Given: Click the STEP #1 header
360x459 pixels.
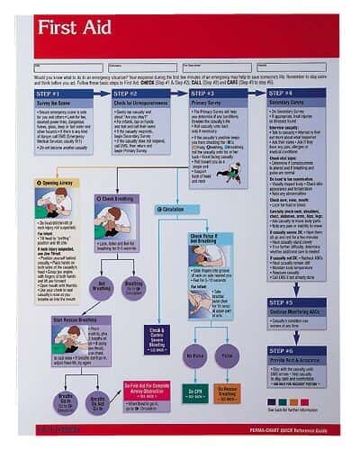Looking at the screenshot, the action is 50,94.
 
